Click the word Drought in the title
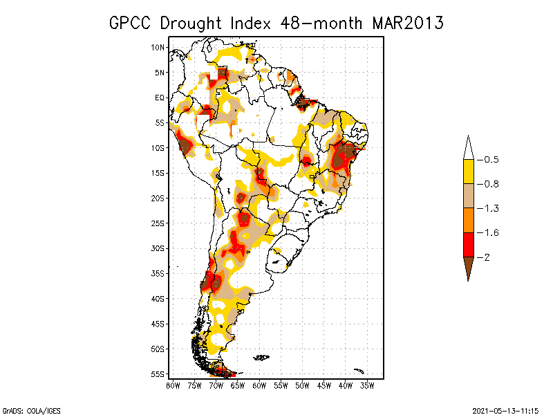tap(191, 24)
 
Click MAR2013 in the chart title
tap(408, 24)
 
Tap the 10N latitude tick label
tap(158, 48)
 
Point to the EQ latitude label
tap(160, 98)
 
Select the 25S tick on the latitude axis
tap(158, 223)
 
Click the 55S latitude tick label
tap(158, 374)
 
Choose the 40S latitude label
tap(158, 299)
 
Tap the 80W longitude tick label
tap(173, 386)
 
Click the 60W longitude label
tap(259, 386)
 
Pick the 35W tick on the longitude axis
tap(367, 386)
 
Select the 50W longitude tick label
tap(302, 386)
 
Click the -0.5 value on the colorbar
tap(488, 160)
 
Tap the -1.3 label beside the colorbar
tap(488, 209)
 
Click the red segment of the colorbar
tap(469, 245)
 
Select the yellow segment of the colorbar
tap(469, 172)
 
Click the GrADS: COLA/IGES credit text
tap(31, 411)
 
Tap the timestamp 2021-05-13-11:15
tap(505, 411)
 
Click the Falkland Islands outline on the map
tap(261, 358)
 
